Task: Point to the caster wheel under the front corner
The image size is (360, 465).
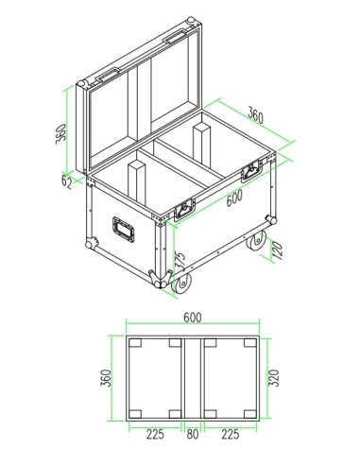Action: coord(180,281)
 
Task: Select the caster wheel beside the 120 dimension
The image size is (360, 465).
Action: coord(258,244)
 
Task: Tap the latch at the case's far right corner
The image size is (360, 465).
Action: coord(254,170)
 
